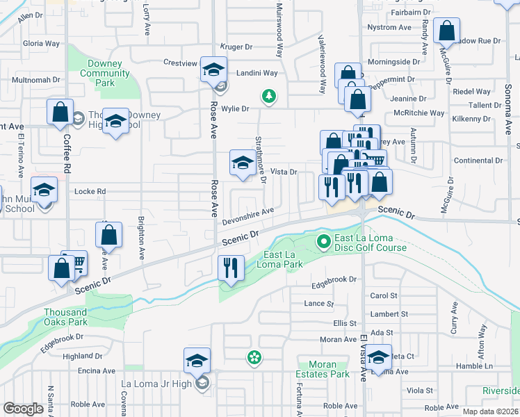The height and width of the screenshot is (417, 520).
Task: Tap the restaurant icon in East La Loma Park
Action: coord(230,267)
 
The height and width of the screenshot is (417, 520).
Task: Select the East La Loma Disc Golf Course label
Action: coord(369,243)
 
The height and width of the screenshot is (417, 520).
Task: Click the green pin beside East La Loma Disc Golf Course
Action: coord(323,242)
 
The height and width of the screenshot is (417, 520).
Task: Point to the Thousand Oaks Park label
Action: coord(66,317)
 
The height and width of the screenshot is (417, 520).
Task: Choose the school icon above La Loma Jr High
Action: coord(197,360)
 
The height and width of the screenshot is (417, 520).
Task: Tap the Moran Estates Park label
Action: coord(322,369)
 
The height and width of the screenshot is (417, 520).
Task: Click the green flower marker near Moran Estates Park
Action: coord(255,358)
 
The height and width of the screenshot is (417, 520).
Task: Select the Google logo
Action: coord(23,409)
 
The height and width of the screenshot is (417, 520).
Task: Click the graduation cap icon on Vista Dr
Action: coord(242,163)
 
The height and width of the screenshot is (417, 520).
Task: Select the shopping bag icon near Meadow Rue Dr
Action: coord(446,31)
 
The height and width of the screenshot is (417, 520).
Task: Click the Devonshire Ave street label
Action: coord(248,216)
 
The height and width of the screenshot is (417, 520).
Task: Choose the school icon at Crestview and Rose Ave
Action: coord(213,69)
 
